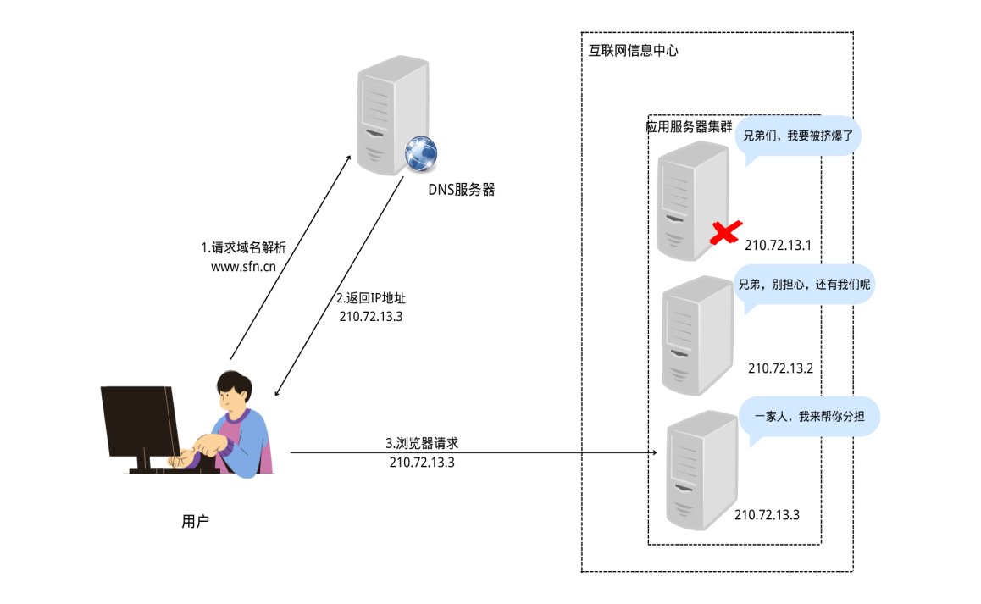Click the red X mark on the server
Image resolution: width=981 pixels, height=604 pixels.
click(726, 232)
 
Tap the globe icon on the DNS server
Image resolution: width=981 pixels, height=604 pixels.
click(420, 153)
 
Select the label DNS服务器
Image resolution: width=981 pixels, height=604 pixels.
click(461, 190)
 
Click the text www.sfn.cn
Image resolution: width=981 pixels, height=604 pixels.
click(243, 267)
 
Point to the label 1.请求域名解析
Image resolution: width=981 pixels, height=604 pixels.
click(243, 248)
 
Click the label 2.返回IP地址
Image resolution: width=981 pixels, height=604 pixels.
click(371, 298)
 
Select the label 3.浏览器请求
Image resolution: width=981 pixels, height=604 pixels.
click(422, 443)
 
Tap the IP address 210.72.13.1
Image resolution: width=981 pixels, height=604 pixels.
click(778, 246)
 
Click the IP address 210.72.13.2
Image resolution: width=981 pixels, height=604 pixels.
click(780, 368)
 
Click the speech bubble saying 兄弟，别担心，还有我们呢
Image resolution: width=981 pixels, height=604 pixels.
click(804, 286)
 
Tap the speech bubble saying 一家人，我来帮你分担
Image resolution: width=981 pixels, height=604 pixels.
click(809, 418)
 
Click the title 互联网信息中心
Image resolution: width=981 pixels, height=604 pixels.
click(633, 51)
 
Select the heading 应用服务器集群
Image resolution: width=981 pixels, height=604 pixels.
click(689, 127)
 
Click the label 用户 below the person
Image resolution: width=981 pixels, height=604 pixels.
click(195, 521)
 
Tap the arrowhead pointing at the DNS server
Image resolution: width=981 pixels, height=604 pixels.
click(348, 158)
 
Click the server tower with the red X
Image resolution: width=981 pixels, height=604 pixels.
click(694, 200)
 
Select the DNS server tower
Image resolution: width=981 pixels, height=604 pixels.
click(393, 115)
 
